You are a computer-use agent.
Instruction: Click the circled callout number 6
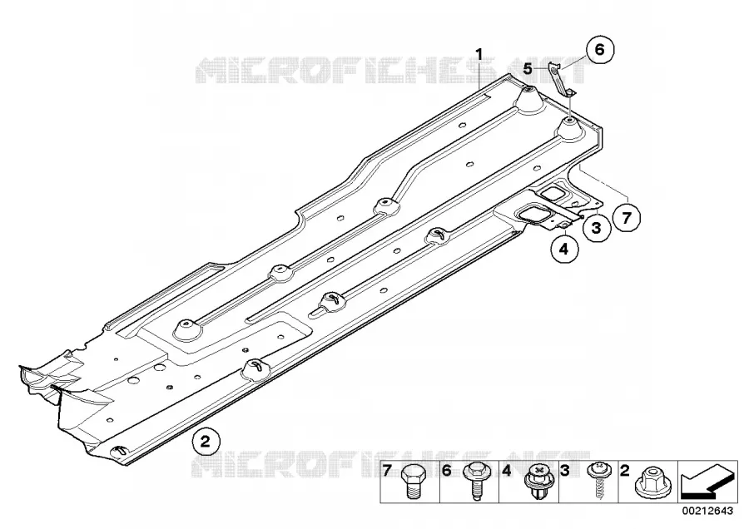[599, 49]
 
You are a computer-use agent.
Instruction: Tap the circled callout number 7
[626, 218]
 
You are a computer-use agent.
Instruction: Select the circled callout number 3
[596, 228]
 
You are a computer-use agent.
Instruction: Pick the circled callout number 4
[564, 248]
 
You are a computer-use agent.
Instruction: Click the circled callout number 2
[206, 441]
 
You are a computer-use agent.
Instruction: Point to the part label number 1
[479, 54]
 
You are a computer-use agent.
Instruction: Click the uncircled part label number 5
[528, 69]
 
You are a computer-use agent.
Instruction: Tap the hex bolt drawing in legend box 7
[411, 482]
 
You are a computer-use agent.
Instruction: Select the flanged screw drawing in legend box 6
[474, 482]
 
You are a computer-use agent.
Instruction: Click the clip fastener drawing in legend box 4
[535, 482]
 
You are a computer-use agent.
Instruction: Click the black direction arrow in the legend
[707, 482]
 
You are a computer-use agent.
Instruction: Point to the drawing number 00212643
[707, 511]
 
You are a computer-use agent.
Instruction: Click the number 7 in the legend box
[387, 471]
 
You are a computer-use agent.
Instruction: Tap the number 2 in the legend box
[624, 471]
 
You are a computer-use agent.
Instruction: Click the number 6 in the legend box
[447, 471]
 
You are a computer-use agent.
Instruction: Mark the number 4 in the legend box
[506, 471]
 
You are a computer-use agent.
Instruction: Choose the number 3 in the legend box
[565, 471]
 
